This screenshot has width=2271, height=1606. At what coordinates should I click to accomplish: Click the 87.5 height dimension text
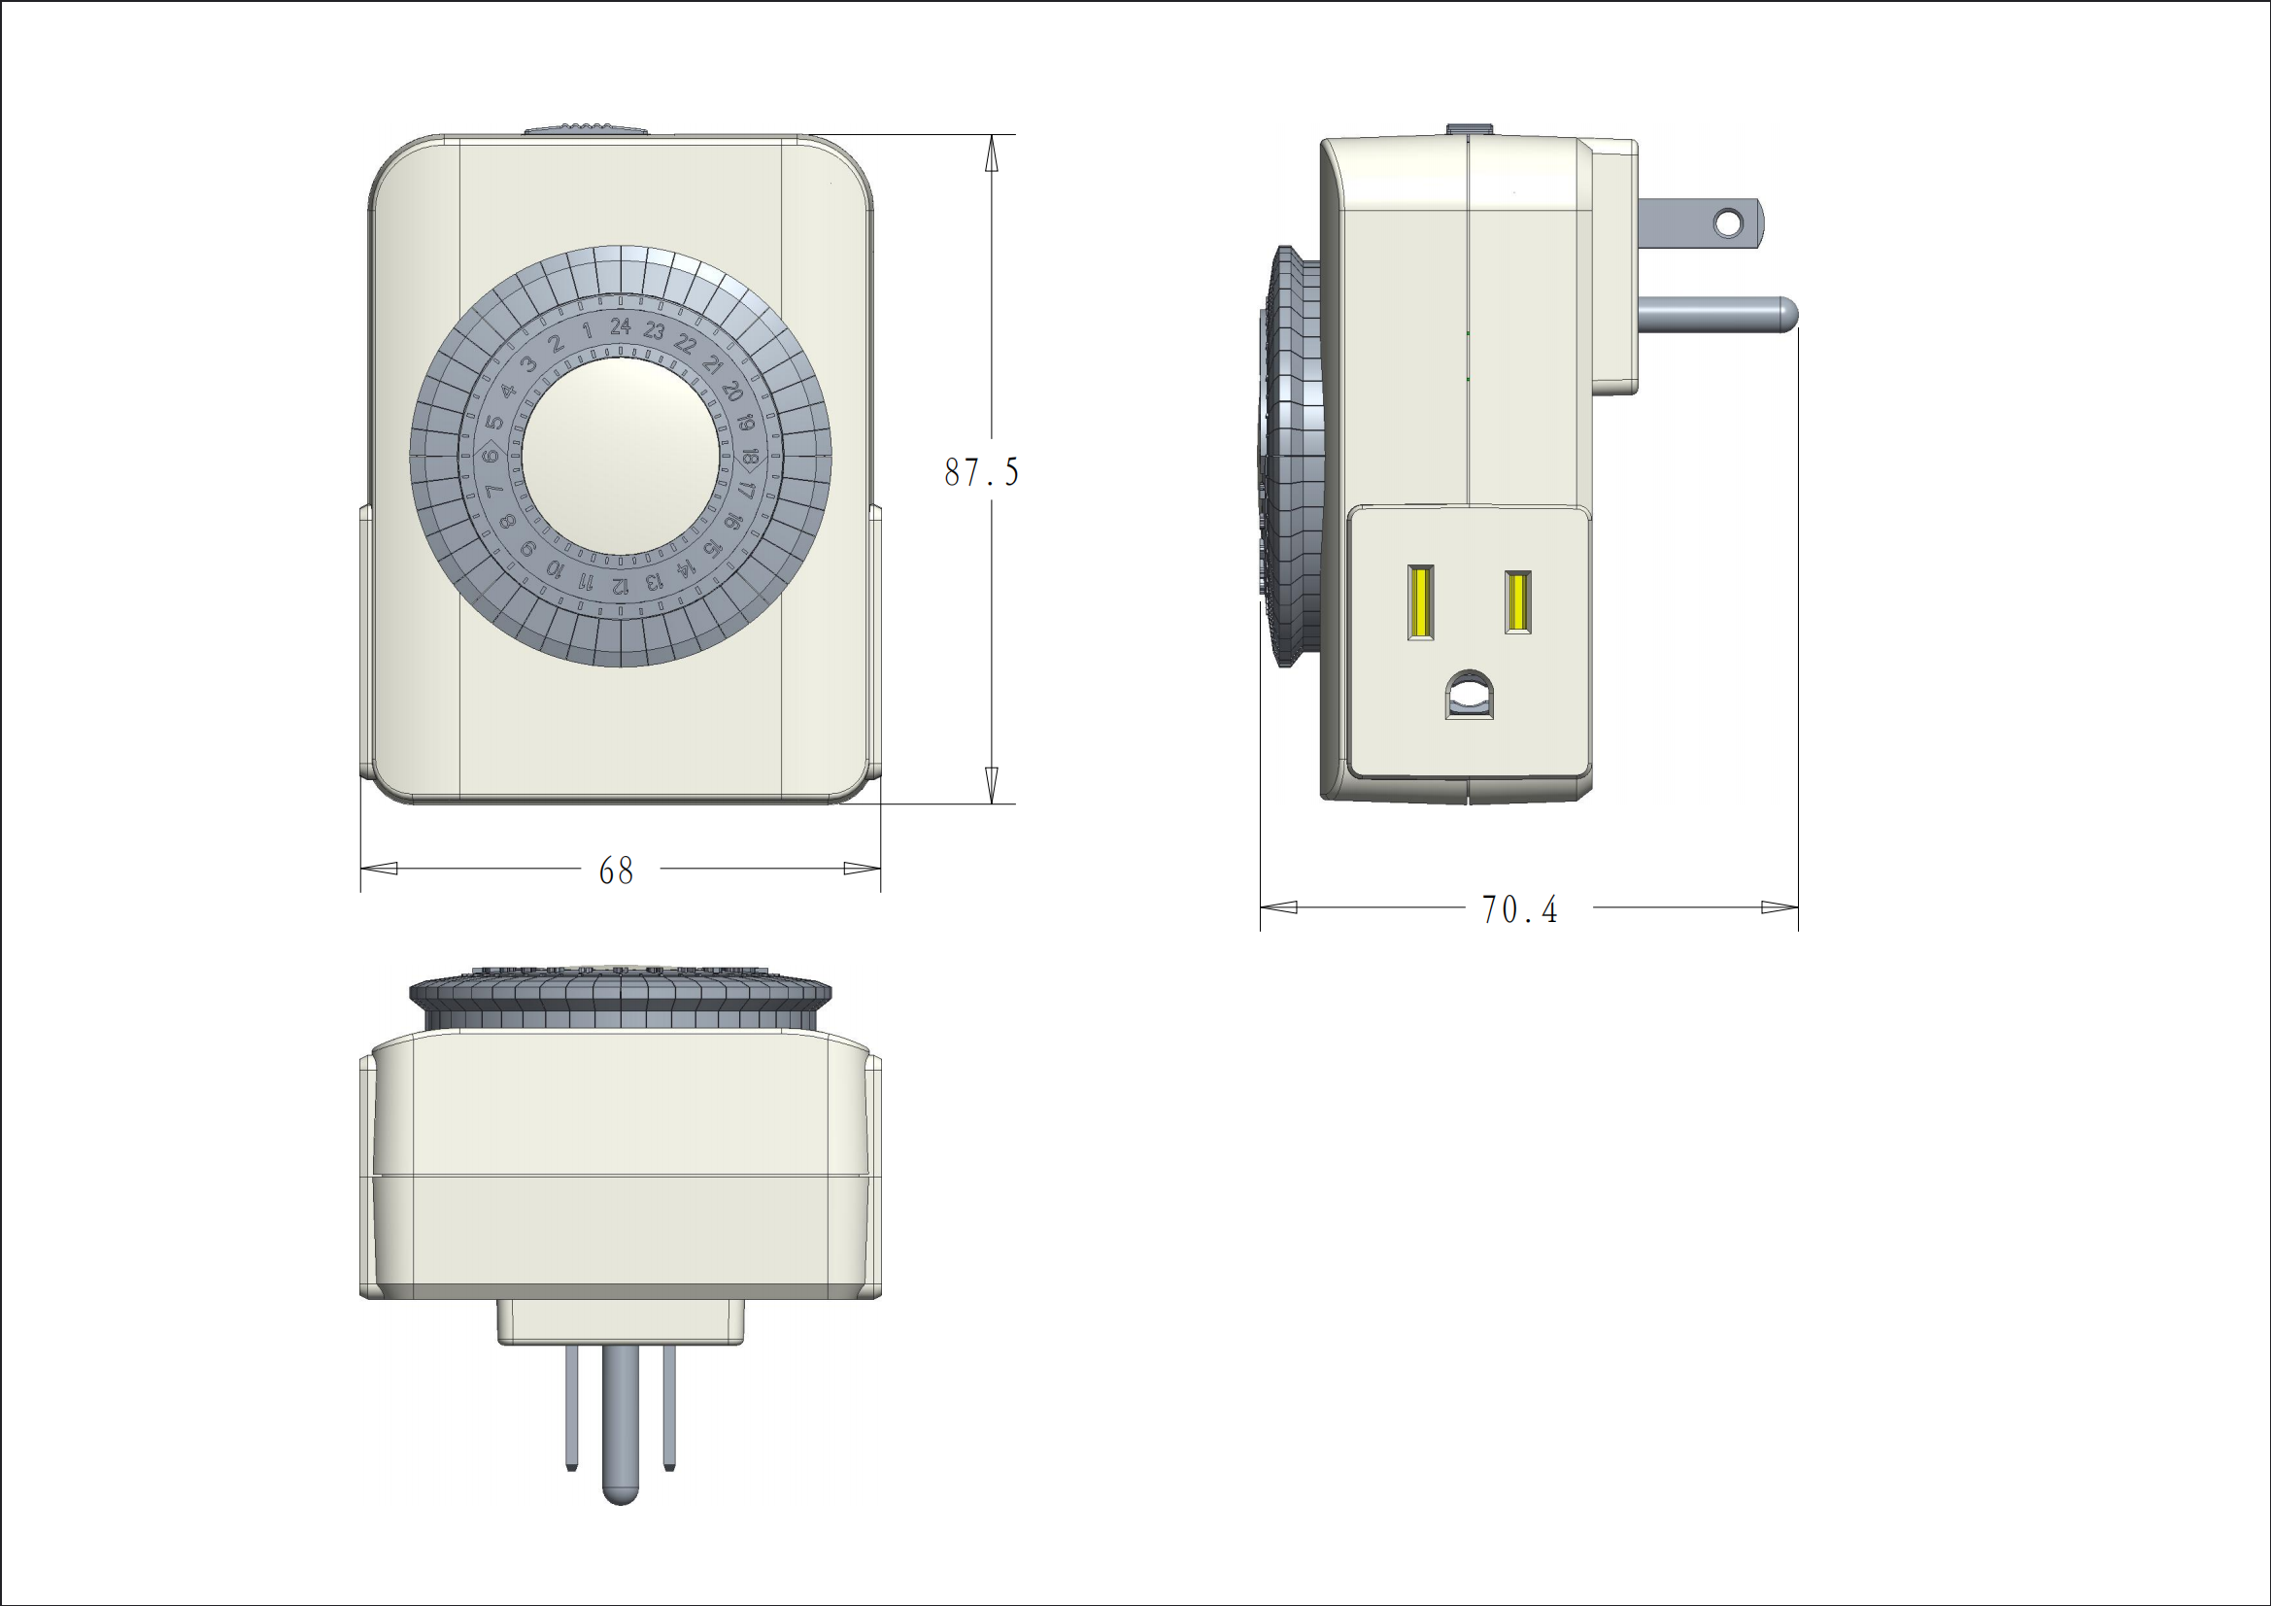[980, 472]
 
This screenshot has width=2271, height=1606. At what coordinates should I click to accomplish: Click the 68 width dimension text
[616, 871]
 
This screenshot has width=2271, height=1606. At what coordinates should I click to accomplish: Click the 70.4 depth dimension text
[1519, 909]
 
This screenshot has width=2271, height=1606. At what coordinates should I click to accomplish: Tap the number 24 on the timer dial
[620, 325]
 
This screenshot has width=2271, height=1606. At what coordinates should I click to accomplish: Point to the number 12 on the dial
[620, 585]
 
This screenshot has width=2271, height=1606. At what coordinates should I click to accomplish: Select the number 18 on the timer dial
[750, 458]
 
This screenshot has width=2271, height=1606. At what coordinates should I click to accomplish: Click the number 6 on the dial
[491, 456]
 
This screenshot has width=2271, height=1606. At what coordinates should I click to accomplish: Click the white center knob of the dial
[620, 456]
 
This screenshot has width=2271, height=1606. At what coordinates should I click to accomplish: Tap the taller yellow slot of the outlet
[1420, 601]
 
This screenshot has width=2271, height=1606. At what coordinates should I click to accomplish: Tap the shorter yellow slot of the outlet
[1517, 601]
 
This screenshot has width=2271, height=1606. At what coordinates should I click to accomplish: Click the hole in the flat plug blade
[1728, 223]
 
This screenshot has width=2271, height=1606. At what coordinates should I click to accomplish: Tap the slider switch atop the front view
[585, 128]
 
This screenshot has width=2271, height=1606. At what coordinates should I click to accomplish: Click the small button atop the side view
[1469, 129]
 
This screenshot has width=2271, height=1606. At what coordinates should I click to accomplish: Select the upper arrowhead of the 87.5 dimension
[991, 154]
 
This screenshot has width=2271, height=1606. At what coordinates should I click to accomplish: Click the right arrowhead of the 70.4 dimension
[1780, 907]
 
